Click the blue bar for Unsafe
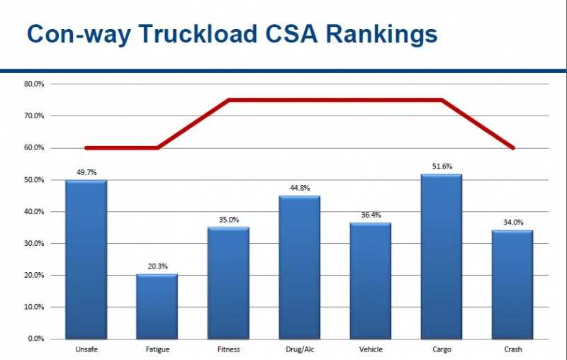tap(86, 259)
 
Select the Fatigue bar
tap(157, 306)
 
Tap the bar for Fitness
tap(228, 283)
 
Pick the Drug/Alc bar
tap(299, 267)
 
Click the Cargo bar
tap(441, 257)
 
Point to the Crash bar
tap(512, 284)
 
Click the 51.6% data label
tap(442, 166)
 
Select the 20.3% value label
tap(157, 266)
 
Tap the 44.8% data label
tap(300, 188)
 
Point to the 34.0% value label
tap(512, 222)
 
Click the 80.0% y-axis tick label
tap(34, 84)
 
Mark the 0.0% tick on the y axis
tap(36, 339)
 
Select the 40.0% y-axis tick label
tap(34, 211)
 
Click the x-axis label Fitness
tap(228, 350)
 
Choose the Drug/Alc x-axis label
tap(299, 350)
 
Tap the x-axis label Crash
tap(512, 350)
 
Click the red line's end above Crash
tap(512, 148)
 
